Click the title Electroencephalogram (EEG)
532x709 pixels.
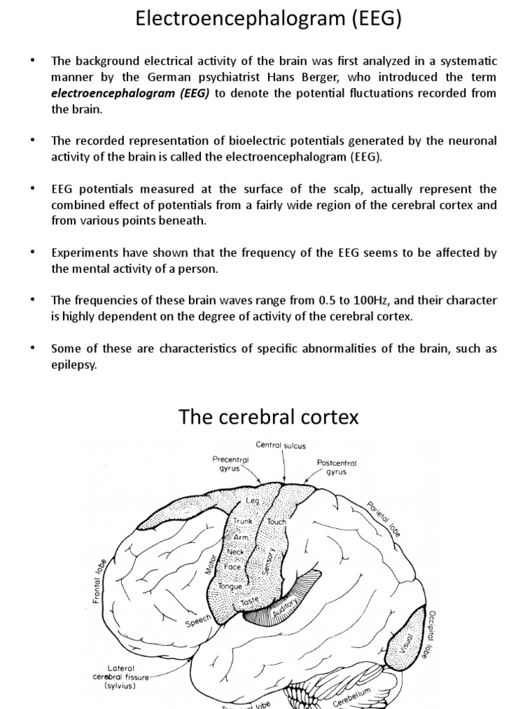click(x=266, y=19)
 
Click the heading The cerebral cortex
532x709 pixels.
click(x=269, y=417)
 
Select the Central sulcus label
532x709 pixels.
click(x=281, y=445)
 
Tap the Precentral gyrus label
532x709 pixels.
click(x=231, y=463)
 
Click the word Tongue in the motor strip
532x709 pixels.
click(x=229, y=586)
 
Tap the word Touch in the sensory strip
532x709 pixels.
click(x=276, y=521)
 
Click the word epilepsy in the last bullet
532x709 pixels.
click(x=74, y=365)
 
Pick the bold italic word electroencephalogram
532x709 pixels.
click(x=114, y=93)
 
